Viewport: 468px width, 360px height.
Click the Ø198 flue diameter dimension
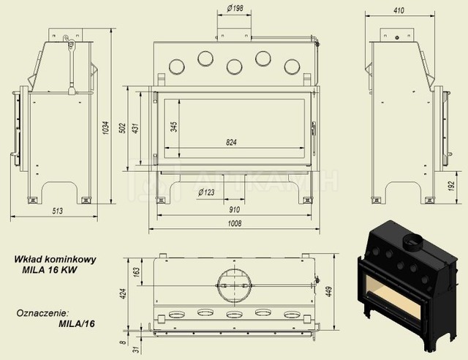[x=235, y=8]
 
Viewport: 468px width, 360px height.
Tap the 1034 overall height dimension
[x=106, y=128]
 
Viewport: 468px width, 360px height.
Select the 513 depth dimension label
[x=58, y=211]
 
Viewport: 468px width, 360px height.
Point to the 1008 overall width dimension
[x=235, y=223]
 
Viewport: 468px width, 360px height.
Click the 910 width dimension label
[x=235, y=209]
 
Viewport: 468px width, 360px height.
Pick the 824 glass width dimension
[x=231, y=142]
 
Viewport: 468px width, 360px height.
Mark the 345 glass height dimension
[x=174, y=127]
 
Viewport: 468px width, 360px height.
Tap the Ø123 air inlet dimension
[x=206, y=192]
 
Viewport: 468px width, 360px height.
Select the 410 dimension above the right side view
[x=399, y=10]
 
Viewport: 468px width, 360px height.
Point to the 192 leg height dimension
[x=452, y=187]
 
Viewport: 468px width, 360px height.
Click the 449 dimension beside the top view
[x=329, y=291]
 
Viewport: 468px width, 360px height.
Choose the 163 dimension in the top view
[x=136, y=272]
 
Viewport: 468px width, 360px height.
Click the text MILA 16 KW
[x=50, y=270]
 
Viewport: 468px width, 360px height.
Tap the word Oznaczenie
[x=42, y=313]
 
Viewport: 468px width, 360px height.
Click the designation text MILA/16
[x=77, y=323]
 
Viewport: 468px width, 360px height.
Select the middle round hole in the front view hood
[x=234, y=67]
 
